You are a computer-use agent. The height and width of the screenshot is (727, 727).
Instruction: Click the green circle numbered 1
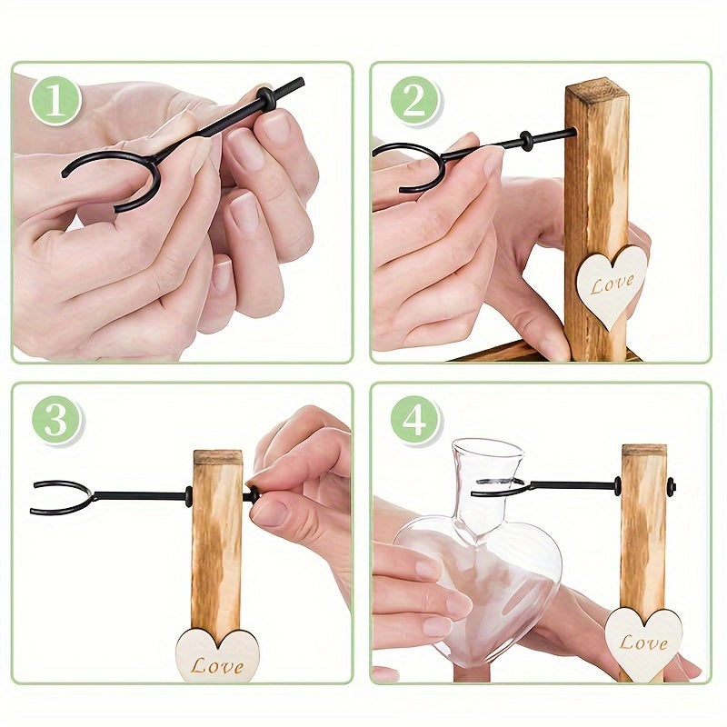point(55,100)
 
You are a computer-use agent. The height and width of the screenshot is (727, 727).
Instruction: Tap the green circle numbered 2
point(414,100)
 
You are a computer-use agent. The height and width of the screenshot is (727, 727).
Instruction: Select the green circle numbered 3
point(56,421)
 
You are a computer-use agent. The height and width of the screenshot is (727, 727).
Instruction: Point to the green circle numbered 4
point(414,421)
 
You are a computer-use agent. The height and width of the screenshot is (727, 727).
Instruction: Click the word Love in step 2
point(612,284)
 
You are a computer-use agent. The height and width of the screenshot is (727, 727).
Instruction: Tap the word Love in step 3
point(217,666)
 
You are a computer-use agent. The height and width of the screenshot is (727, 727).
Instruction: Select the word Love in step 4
point(643,642)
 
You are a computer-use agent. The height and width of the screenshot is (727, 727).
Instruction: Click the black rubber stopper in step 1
point(266,96)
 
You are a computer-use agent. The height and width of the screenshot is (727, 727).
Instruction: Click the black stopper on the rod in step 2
point(525,141)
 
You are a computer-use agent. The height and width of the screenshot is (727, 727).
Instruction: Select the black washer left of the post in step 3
point(188,496)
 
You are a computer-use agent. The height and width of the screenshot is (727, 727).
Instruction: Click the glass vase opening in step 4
point(488,447)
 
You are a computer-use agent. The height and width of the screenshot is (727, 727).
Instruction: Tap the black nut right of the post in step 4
point(672,486)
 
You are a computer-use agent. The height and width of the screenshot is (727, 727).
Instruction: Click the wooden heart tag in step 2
point(612,284)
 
